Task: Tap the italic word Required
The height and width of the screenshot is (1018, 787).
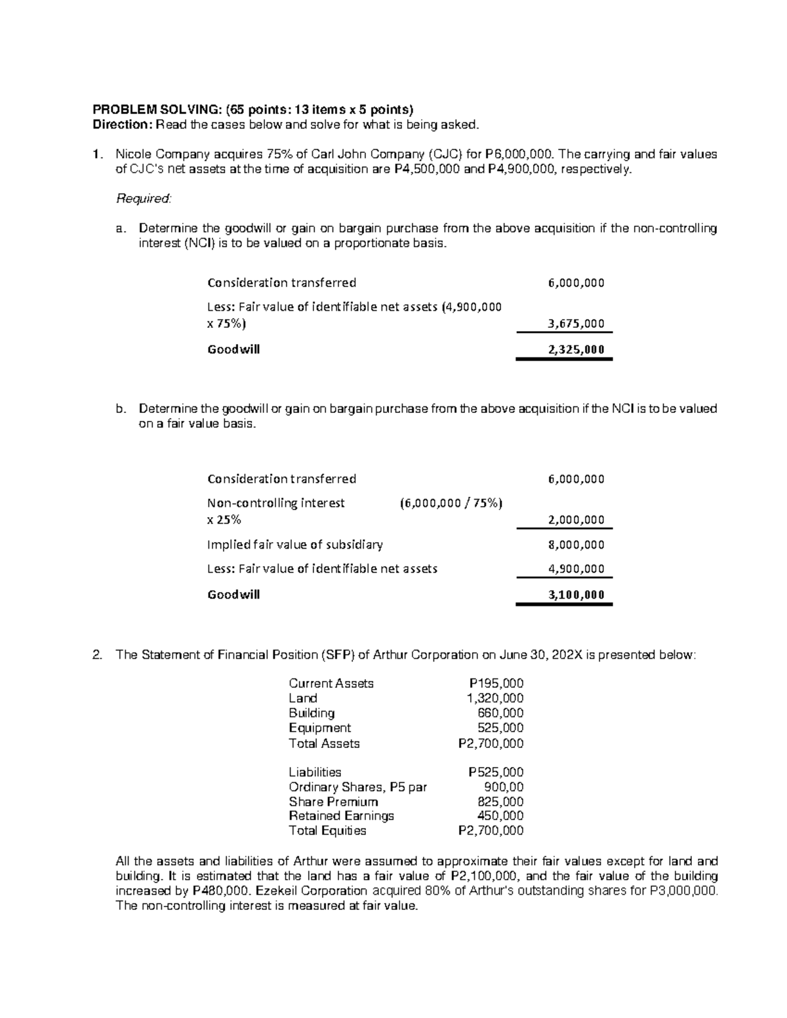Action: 143,198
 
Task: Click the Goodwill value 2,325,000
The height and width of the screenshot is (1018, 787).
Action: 576,349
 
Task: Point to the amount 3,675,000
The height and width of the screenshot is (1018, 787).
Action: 576,323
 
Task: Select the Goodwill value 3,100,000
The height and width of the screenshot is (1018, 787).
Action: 576,595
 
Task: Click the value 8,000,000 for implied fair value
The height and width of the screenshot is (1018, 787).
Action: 576,544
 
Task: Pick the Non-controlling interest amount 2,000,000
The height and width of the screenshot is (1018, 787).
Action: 576,520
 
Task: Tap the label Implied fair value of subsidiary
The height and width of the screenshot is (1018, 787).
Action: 294,544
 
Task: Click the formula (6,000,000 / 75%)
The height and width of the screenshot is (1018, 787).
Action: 451,503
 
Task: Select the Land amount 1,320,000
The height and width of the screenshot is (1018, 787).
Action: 494,698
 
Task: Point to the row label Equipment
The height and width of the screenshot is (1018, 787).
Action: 319,728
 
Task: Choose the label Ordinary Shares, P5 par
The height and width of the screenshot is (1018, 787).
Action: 357,787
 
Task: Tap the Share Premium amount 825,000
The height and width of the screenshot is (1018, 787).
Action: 500,802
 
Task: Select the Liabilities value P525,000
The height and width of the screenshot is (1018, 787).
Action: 495,773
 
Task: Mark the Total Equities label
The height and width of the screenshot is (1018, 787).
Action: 327,831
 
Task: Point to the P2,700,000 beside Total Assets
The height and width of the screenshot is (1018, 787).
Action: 491,743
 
